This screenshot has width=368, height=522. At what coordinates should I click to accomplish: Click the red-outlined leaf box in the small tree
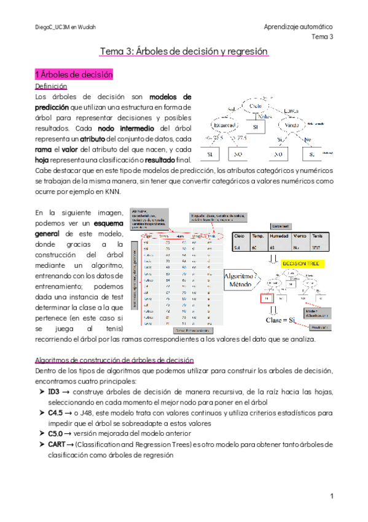coord(267,299)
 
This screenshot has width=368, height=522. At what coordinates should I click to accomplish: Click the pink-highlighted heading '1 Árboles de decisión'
coord(74,75)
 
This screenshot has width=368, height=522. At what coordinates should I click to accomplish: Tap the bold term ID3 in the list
coord(53,391)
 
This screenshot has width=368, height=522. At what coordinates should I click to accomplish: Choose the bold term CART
coord(57,444)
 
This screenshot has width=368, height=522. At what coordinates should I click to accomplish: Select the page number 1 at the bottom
coord(331,496)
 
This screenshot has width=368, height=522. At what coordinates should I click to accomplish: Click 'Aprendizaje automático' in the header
coord(298,27)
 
